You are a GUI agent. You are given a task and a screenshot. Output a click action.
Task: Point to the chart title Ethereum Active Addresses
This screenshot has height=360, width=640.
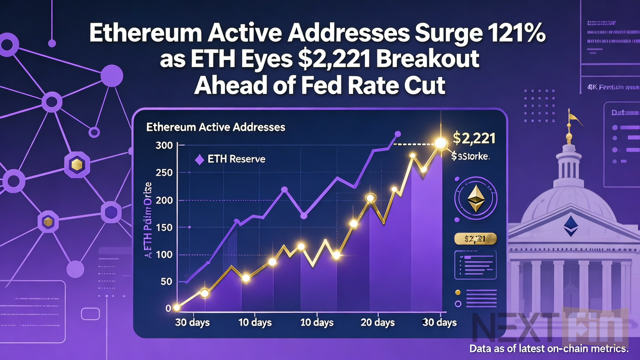215,127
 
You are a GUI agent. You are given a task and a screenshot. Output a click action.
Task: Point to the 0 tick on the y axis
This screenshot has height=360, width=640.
168,308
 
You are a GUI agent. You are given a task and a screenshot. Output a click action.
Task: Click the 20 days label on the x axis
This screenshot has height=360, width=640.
377,322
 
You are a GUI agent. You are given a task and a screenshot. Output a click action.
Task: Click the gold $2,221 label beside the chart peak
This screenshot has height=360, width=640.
473,138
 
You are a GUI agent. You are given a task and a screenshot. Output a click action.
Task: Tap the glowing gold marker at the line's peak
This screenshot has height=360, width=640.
440,143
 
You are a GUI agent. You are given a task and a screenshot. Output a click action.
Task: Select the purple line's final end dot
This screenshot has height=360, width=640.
398,134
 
